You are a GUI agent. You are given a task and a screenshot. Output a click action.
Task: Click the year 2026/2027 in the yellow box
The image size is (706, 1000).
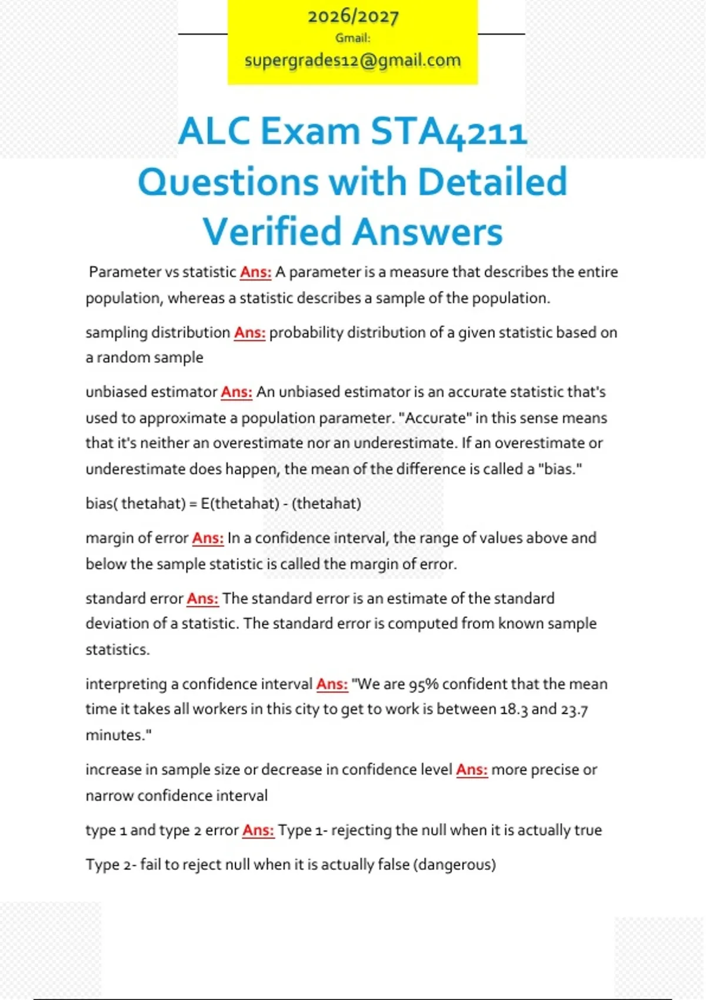(353, 16)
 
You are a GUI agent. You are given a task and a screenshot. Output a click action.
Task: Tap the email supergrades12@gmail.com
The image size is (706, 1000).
(352, 60)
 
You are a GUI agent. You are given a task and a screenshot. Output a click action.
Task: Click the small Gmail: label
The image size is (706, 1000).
(353, 38)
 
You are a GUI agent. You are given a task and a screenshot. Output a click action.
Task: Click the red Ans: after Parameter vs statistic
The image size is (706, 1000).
(255, 272)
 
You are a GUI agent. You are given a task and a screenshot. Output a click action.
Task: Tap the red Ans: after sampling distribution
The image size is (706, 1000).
(249, 332)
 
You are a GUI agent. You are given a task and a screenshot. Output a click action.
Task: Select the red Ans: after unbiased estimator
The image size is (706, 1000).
(237, 392)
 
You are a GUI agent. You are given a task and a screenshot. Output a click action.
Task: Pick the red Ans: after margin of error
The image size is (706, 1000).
(208, 538)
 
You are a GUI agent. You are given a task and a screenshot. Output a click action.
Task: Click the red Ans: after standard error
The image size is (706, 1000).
(202, 598)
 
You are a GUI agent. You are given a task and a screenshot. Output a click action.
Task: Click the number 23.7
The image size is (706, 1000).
(574, 709)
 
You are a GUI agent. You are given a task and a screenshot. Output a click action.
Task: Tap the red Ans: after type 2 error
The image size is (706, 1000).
(258, 830)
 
